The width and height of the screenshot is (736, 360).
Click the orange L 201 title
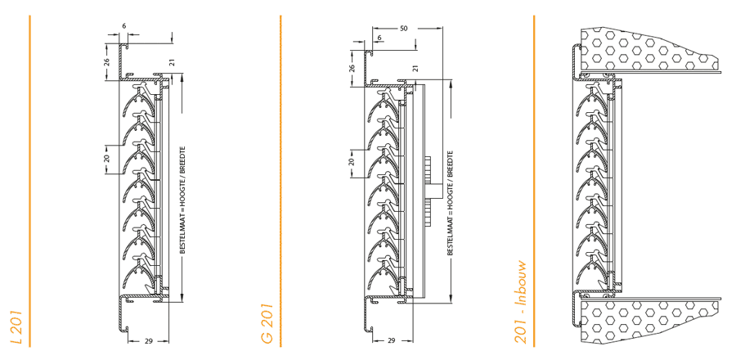coord(16,326)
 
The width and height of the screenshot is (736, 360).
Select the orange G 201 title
coord(267,326)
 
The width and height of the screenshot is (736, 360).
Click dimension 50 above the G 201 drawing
coord(403,28)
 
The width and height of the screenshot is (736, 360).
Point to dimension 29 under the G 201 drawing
coord(391,340)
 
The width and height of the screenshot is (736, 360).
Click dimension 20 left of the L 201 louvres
coord(106,158)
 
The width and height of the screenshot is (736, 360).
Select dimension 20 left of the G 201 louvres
coord(352,162)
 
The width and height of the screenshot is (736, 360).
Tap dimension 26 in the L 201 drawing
coord(106,61)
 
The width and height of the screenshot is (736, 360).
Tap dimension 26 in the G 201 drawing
coord(352,67)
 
